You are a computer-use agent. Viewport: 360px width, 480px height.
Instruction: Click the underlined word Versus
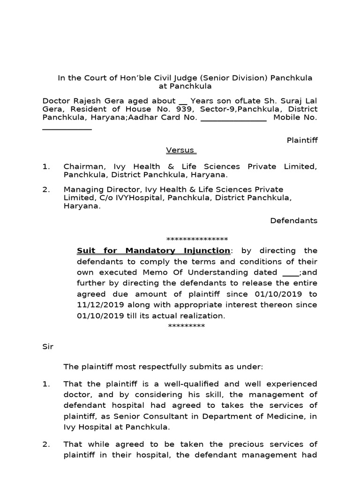180,150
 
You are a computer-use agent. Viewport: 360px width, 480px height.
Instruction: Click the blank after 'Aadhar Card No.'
233,118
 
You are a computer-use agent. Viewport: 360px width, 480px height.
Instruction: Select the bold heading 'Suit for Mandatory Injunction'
154,251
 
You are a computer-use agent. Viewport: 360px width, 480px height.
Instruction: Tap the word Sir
48,346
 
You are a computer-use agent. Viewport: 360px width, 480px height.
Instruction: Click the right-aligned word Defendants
294,220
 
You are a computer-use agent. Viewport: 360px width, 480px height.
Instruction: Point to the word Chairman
82,166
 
